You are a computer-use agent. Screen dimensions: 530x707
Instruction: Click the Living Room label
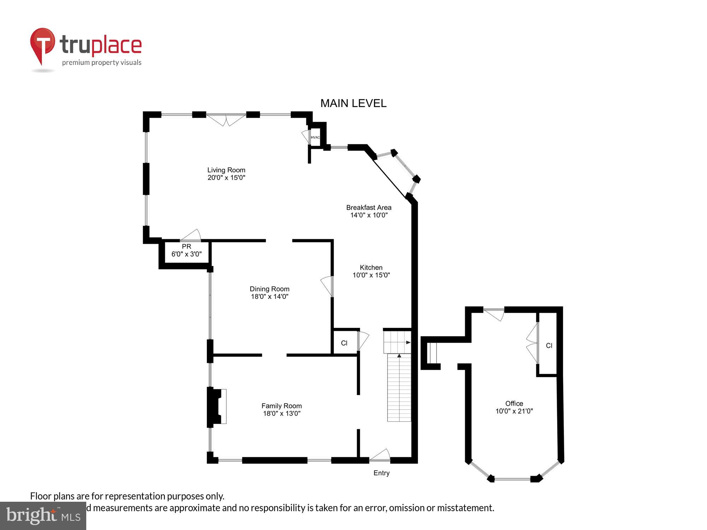point(226,170)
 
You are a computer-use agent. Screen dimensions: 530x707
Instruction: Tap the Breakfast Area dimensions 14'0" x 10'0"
point(369,215)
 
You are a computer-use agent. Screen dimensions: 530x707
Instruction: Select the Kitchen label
point(371,267)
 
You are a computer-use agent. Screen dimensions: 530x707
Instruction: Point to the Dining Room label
point(269,289)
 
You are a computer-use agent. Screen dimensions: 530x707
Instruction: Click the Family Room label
point(281,406)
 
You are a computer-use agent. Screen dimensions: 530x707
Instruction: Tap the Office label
point(514,404)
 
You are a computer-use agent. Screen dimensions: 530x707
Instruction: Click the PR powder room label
point(186,247)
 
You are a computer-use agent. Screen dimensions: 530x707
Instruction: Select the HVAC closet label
point(315,137)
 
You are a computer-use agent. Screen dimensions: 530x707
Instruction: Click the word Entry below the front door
point(381,473)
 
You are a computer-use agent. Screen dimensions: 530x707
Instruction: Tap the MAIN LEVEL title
point(353,103)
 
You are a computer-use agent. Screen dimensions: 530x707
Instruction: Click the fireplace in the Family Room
point(216,406)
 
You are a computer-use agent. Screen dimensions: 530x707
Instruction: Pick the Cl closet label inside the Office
point(549,346)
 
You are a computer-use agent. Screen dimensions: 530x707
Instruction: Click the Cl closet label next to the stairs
point(344,343)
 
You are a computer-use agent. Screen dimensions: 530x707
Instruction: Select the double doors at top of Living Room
point(226,119)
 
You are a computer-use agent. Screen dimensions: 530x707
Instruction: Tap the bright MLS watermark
point(43,516)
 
